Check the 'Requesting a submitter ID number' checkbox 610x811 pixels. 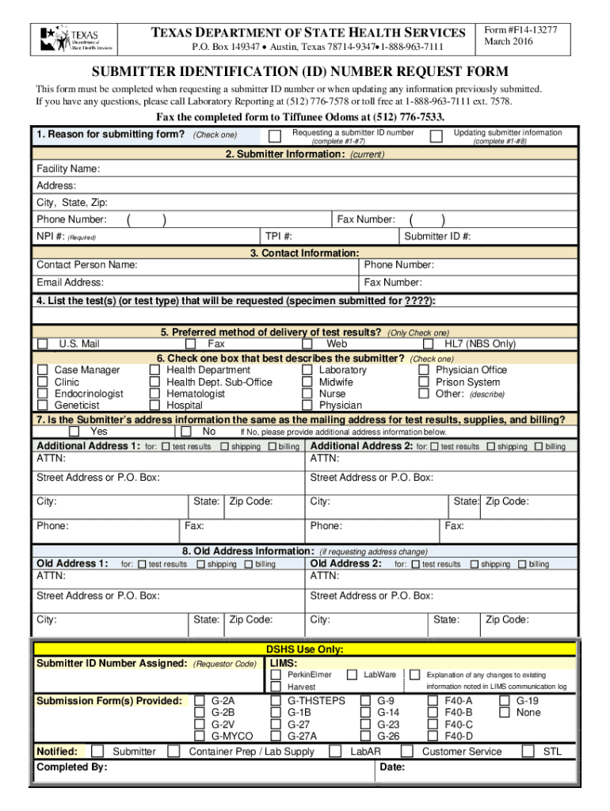click(x=274, y=136)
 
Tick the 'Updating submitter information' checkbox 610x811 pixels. click(x=436, y=136)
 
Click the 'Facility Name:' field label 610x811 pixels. click(x=68, y=169)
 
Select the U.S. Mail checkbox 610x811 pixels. click(x=43, y=345)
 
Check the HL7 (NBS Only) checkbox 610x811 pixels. click(x=428, y=345)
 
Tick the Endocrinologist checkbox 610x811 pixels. click(x=43, y=394)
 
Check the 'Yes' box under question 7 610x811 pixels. click(x=74, y=432)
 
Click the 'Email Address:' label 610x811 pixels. click(x=70, y=282)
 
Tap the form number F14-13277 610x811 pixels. click(x=520, y=30)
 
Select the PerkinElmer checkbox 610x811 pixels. click(x=276, y=675)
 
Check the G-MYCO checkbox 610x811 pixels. click(x=200, y=737)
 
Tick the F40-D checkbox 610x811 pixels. click(x=433, y=737)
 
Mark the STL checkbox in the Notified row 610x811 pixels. click(x=525, y=751)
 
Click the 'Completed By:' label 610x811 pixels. click(x=72, y=767)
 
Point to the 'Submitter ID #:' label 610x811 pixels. click(x=437, y=236)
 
